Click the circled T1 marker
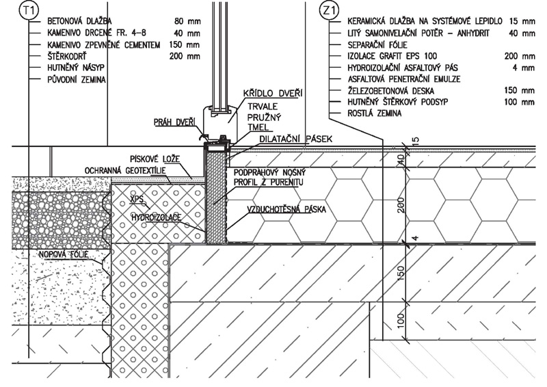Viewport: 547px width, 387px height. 31,11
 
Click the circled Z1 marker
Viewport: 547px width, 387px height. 329,11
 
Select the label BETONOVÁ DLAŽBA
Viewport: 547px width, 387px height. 80,22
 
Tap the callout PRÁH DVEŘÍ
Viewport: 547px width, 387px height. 175,122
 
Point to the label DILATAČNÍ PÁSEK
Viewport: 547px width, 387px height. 295,139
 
